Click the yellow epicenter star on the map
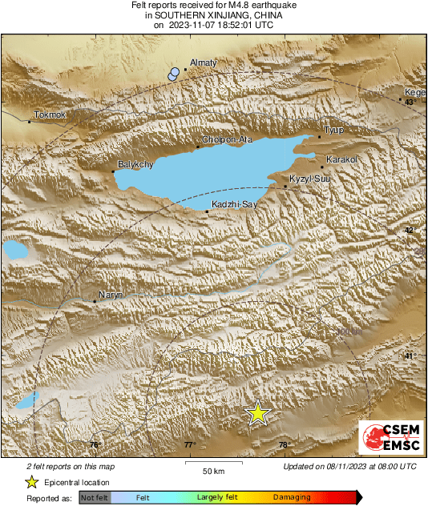tap(257, 412)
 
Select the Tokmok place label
tap(50, 114)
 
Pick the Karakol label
tap(342, 159)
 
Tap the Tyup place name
tap(333, 130)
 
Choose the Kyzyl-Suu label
tap(309, 179)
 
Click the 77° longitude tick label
tap(189, 445)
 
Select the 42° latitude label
tap(410, 231)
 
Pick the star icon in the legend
tap(31, 482)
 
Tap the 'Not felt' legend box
tap(95, 497)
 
